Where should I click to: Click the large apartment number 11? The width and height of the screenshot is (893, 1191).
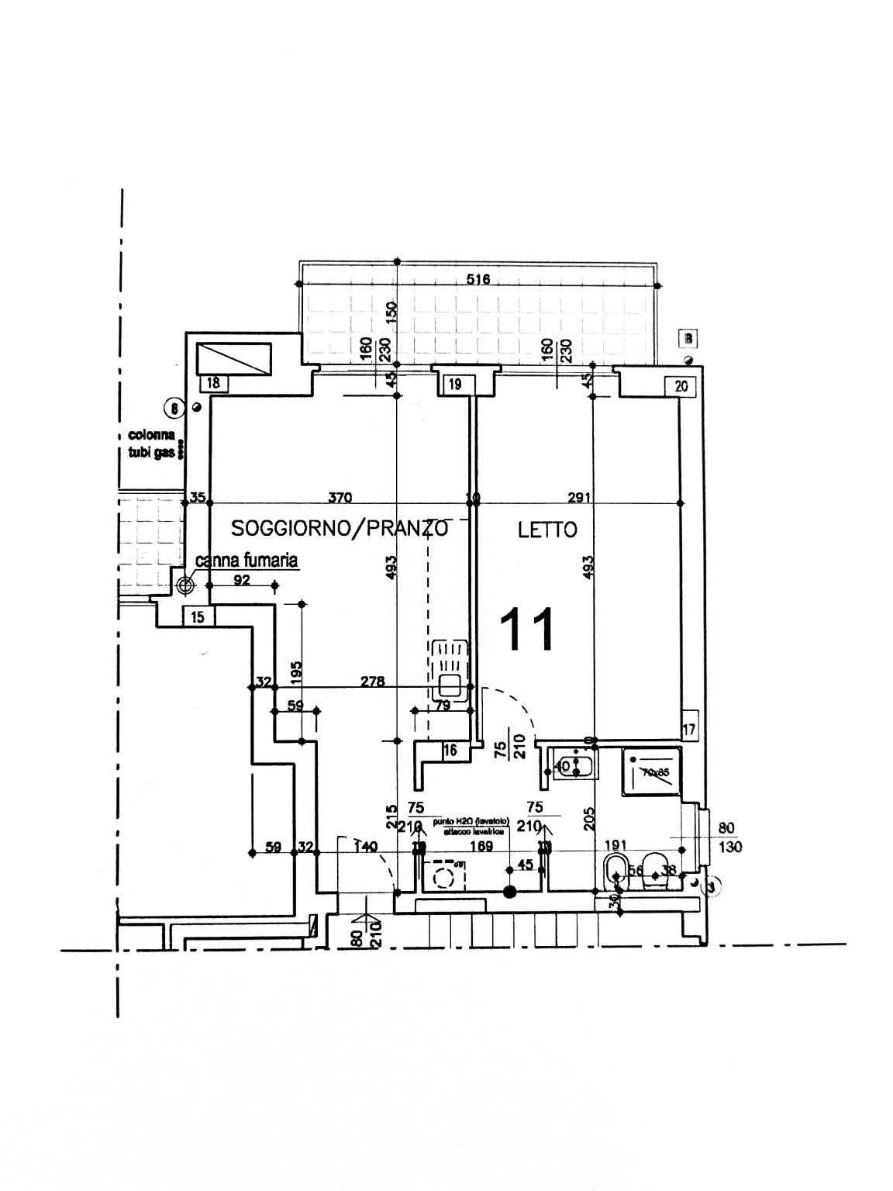(529, 629)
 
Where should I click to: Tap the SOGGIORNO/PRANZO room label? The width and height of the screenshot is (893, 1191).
(340, 530)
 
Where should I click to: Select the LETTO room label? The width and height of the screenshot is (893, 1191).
(547, 530)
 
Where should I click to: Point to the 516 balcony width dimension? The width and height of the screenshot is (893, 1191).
(478, 279)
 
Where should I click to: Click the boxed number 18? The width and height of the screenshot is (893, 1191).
(214, 382)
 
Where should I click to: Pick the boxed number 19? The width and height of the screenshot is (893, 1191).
(455, 383)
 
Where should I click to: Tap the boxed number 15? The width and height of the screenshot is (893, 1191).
(198, 617)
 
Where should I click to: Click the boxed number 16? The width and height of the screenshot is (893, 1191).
(450, 750)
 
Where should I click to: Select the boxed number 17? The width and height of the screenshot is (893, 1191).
(689, 730)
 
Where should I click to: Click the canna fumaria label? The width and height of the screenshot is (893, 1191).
(247, 560)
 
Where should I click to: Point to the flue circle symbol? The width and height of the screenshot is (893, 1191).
(185, 585)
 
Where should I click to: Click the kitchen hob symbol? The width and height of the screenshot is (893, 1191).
(450, 670)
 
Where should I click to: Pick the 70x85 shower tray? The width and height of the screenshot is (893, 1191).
(651, 772)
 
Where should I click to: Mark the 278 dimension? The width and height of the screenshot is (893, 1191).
(373, 682)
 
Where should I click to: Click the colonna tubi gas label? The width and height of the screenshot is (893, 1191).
(152, 445)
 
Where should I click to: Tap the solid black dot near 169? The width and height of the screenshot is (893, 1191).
(509, 892)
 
